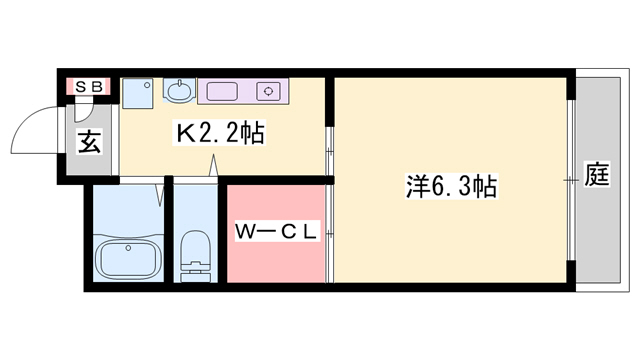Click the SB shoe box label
click(87, 87)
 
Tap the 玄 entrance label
click(88, 142)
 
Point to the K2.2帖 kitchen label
click(221, 132)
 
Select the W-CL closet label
click(276, 232)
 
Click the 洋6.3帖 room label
click(451, 186)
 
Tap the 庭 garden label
click(597, 179)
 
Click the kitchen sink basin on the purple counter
click(222, 93)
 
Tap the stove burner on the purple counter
click(268, 93)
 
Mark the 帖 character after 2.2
click(253, 132)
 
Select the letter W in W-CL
click(244, 232)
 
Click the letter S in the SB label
click(80, 87)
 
